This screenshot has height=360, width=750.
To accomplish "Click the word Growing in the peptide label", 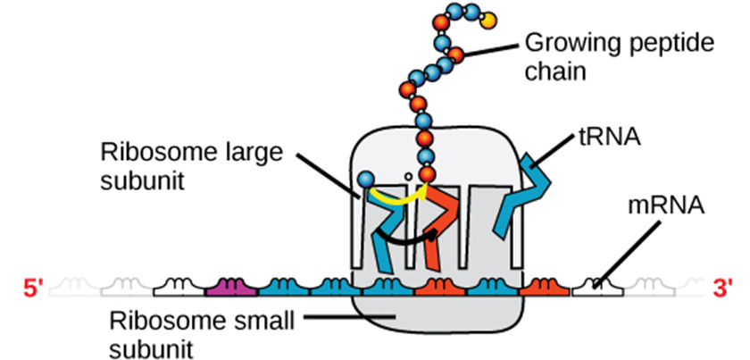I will [562, 42].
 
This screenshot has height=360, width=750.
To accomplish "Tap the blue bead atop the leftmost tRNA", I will [365, 181].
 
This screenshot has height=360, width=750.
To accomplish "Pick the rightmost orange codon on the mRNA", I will [539, 288].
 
